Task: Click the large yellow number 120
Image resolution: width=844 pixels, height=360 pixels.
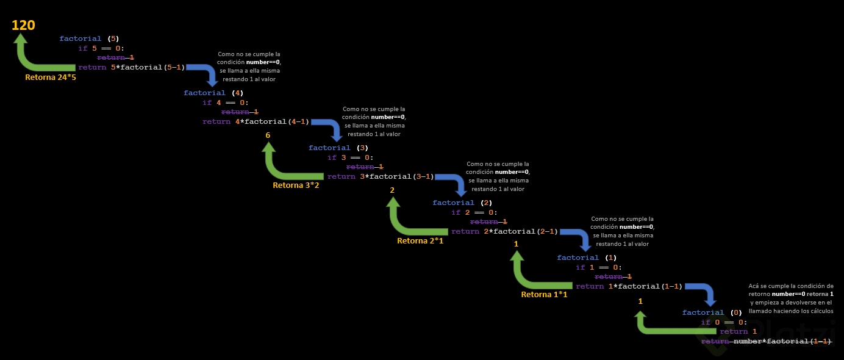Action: pos(23,25)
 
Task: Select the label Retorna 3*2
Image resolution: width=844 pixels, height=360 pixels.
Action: pos(296,185)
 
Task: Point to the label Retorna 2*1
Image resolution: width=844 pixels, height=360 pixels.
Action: pos(420,240)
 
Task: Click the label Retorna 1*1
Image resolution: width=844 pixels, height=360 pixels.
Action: pos(544,295)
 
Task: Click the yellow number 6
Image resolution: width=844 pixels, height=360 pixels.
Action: pos(268,135)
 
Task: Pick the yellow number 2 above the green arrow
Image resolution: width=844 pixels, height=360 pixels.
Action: pos(392,190)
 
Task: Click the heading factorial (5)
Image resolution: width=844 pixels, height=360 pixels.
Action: pos(88,38)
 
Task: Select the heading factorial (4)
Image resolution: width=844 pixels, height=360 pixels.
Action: pos(213,93)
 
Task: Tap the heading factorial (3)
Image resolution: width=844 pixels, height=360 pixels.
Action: pos(338,148)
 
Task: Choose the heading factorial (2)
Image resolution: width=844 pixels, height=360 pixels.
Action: pos(462,203)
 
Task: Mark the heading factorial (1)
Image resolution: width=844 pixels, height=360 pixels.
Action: pos(587,257)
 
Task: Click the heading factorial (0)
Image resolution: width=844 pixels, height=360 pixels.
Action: pos(712,312)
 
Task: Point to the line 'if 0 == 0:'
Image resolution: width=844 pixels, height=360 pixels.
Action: pos(724,322)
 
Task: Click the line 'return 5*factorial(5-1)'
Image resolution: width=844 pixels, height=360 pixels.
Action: pos(131,67)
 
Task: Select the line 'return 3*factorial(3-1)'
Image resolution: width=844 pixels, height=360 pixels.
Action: pos(381,177)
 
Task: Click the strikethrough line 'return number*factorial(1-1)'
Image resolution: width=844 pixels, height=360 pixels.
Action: pos(767,341)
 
